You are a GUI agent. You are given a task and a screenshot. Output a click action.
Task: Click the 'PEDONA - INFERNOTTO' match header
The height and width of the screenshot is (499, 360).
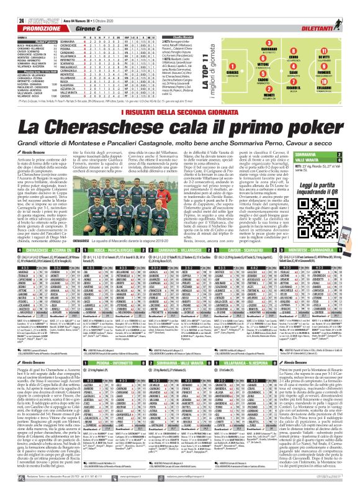[108, 360]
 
